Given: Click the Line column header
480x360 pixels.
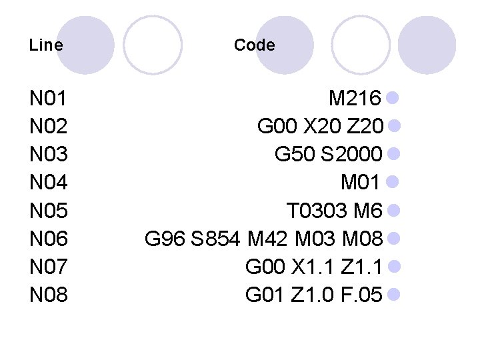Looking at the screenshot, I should (46, 45).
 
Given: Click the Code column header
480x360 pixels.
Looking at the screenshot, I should (254, 45).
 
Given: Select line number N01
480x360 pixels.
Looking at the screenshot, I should (48, 99).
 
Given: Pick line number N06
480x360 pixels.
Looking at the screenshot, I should (48, 239).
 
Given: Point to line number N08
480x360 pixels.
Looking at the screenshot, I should (48, 294).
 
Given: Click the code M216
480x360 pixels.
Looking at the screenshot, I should (355, 99).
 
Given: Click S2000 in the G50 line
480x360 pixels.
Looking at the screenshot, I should (351, 155).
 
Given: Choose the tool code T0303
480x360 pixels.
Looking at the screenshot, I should (317, 211).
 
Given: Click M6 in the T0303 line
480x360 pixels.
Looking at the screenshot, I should (367, 211).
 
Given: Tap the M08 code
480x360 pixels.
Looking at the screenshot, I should (360, 239).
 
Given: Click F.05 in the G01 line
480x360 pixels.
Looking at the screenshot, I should (360, 294).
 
